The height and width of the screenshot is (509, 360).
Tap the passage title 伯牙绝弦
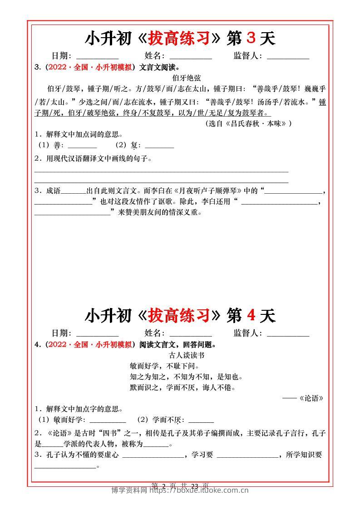pos(180,78)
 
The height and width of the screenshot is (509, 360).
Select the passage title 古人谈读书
pos(180,356)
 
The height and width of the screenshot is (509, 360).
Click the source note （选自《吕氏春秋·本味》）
pos(249,123)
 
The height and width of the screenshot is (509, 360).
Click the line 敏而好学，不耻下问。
pos(165,366)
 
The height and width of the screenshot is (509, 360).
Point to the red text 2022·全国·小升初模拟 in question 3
pos(90,67)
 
